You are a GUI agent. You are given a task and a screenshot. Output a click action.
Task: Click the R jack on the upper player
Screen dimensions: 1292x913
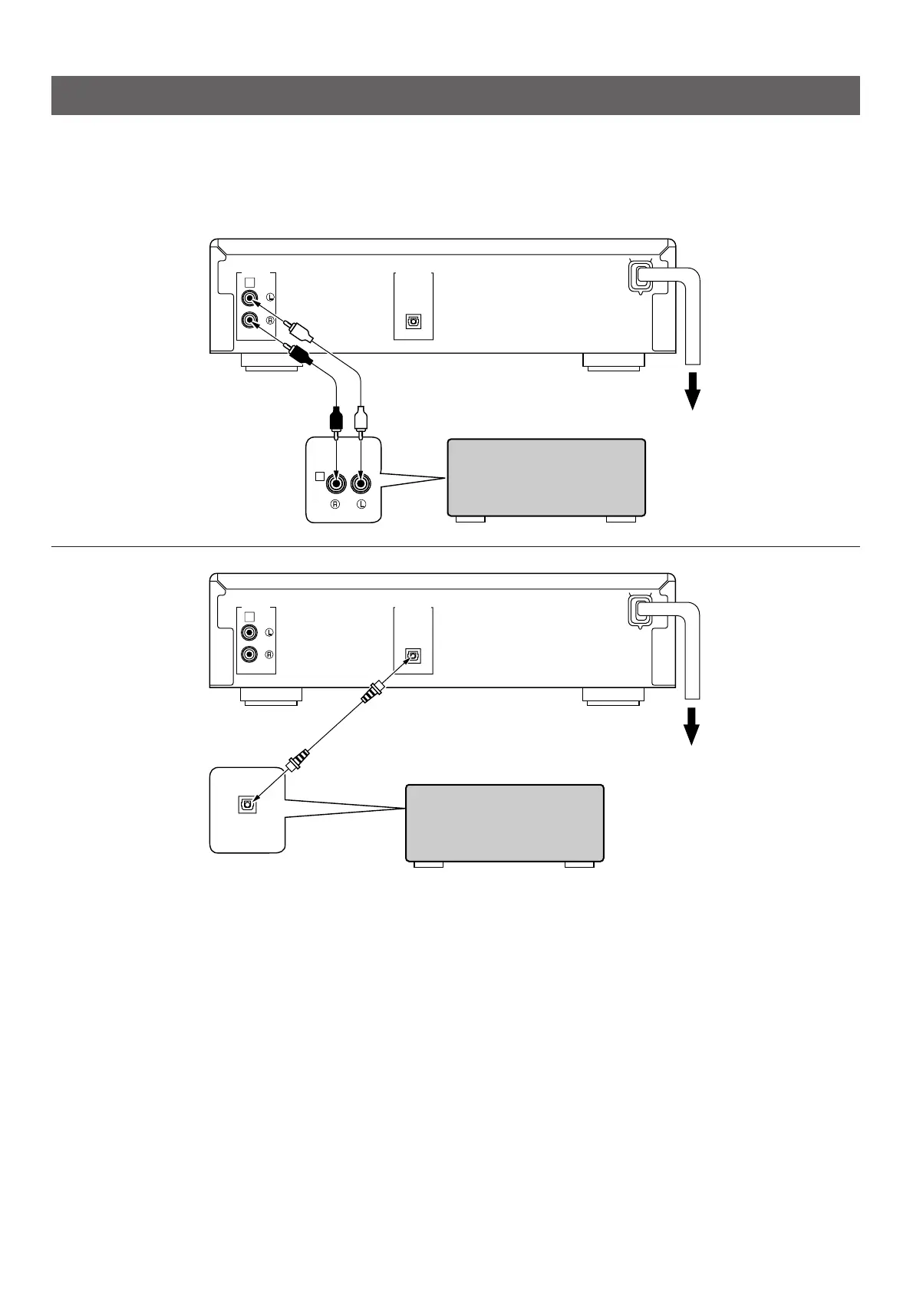249,321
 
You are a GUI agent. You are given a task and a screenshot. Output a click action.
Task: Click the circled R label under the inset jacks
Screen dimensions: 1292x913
336,505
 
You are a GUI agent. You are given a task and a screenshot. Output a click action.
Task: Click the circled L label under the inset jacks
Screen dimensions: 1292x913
361,505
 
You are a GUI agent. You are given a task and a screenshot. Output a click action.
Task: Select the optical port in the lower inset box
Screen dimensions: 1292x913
246,804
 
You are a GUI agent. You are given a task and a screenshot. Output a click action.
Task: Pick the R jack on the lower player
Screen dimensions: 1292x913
249,655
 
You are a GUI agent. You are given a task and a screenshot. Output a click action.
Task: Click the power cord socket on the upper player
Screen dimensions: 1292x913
640,276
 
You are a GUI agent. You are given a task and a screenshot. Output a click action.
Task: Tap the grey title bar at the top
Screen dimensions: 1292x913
455,95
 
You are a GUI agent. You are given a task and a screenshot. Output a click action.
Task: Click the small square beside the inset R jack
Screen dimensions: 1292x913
320,476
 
